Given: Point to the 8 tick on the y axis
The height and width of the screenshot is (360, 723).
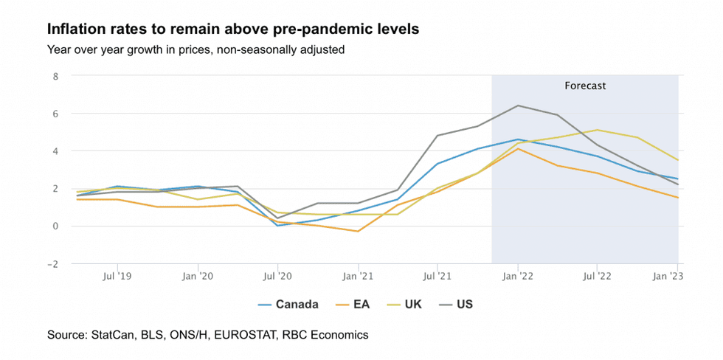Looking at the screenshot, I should [x=55, y=75].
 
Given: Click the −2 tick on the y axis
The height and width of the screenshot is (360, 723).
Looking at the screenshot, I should [x=52, y=263].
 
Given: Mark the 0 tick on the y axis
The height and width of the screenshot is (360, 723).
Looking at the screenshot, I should [x=55, y=226].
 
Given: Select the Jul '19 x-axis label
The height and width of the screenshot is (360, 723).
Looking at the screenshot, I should [x=118, y=277].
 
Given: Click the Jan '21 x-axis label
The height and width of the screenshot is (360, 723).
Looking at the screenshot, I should [x=358, y=277].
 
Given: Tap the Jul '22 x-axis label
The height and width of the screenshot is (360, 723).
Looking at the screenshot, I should [x=598, y=277].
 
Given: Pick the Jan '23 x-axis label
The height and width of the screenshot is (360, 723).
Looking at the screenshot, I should [x=668, y=277].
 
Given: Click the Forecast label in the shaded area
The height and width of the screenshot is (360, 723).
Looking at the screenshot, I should [x=585, y=86].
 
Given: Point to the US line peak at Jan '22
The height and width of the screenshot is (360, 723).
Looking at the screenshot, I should [x=518, y=105].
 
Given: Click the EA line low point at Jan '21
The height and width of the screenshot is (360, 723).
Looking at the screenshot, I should [x=358, y=232].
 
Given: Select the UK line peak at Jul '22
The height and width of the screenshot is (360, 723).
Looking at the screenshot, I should [x=598, y=130].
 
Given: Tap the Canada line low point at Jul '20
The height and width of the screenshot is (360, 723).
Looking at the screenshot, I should [x=277, y=226].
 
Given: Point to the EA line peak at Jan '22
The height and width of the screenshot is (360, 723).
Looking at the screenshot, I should [x=518, y=148].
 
